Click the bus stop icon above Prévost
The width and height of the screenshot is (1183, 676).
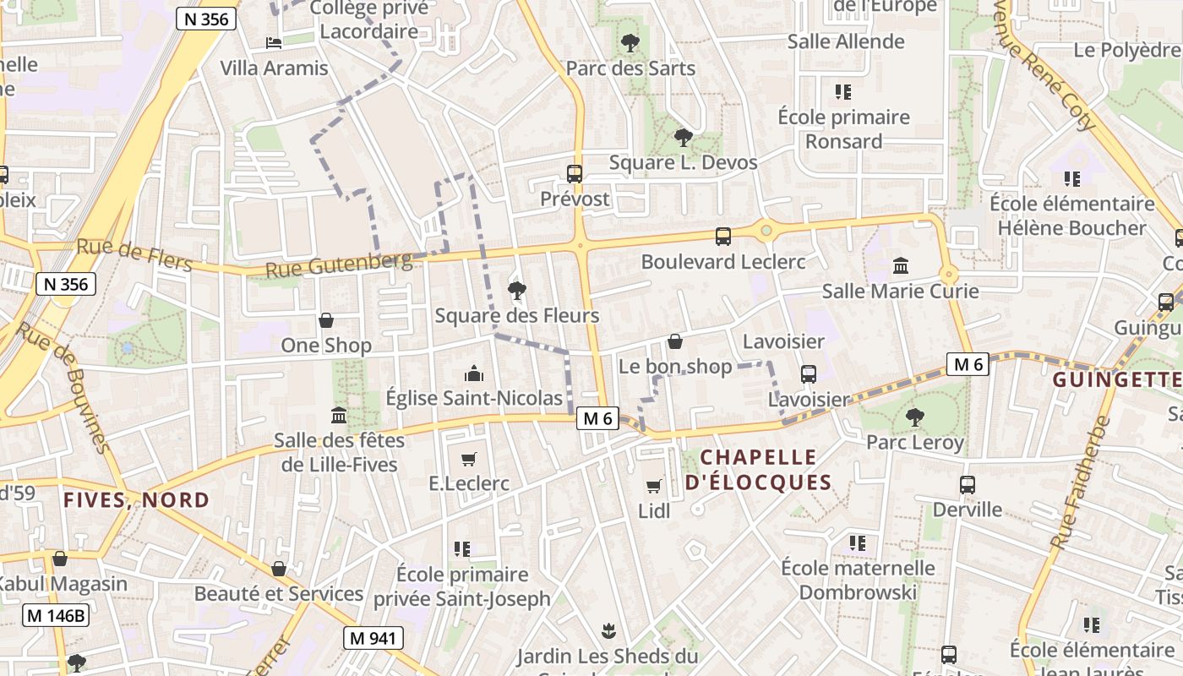tap(575, 174)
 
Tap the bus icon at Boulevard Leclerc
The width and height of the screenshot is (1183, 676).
tap(723, 237)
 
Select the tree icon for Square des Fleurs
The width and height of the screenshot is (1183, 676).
tap(517, 291)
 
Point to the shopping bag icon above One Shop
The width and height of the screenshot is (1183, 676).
tap(326, 320)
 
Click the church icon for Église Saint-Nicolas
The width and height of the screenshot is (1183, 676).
tap(474, 373)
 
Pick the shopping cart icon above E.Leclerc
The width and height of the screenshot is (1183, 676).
tap(469, 459)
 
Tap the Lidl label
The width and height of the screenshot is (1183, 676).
tap(654, 510)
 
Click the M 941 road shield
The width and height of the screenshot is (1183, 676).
tap(373, 638)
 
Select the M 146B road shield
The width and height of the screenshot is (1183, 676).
tap(56, 615)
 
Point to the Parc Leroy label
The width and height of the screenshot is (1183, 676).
tap(914, 442)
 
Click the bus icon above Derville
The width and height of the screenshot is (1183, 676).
tap(968, 485)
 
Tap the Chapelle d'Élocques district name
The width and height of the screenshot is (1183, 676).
tap(759, 470)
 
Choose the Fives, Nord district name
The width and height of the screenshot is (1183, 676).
tap(136, 499)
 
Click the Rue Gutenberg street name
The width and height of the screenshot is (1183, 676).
tap(339, 266)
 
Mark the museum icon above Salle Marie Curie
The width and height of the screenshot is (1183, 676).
tap(901, 266)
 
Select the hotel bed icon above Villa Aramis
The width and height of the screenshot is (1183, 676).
tap(273, 42)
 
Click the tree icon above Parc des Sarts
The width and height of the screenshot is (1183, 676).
tap(630, 42)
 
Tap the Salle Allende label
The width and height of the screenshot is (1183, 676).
tap(846, 41)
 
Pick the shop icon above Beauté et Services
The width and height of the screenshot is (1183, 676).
tap(279, 569)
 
